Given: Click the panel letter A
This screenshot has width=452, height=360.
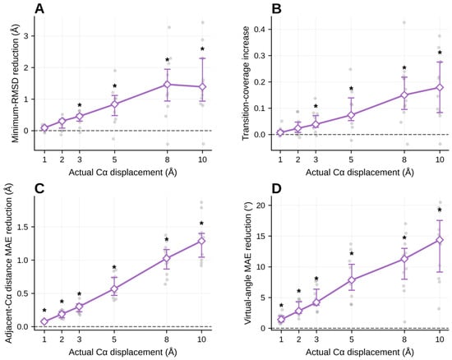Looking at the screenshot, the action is click(39, 9).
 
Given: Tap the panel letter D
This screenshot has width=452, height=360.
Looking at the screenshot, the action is click(277, 189).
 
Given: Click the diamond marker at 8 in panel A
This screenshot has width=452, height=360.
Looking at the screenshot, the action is click(167, 84).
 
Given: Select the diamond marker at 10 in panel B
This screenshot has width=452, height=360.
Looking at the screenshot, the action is click(440, 87).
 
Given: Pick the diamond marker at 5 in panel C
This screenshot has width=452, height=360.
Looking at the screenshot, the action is click(114, 288).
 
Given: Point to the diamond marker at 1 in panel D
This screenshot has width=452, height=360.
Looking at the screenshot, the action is click(281, 319).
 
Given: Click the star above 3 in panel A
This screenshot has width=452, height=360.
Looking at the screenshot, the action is click(80, 104).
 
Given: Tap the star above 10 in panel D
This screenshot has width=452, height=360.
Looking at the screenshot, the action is click(440, 210).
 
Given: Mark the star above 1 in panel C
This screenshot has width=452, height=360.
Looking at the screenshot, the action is click(44, 310).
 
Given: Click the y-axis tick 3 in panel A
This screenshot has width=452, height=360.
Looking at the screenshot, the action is click(29, 36).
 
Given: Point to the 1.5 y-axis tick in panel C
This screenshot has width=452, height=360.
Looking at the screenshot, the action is click(25, 227).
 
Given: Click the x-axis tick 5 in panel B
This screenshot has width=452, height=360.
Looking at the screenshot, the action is click(351, 159).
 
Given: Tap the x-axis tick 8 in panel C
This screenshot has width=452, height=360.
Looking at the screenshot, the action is click(167, 339).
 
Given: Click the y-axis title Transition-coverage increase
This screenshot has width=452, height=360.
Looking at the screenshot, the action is click(246, 83).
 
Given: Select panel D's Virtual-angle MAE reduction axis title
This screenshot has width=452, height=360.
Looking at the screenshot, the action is click(248, 263).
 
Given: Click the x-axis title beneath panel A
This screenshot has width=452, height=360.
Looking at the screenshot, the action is click(122, 173).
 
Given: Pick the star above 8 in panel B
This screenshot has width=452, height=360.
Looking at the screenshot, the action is click(404, 67).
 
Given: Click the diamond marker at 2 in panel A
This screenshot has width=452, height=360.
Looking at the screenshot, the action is click(62, 121).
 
